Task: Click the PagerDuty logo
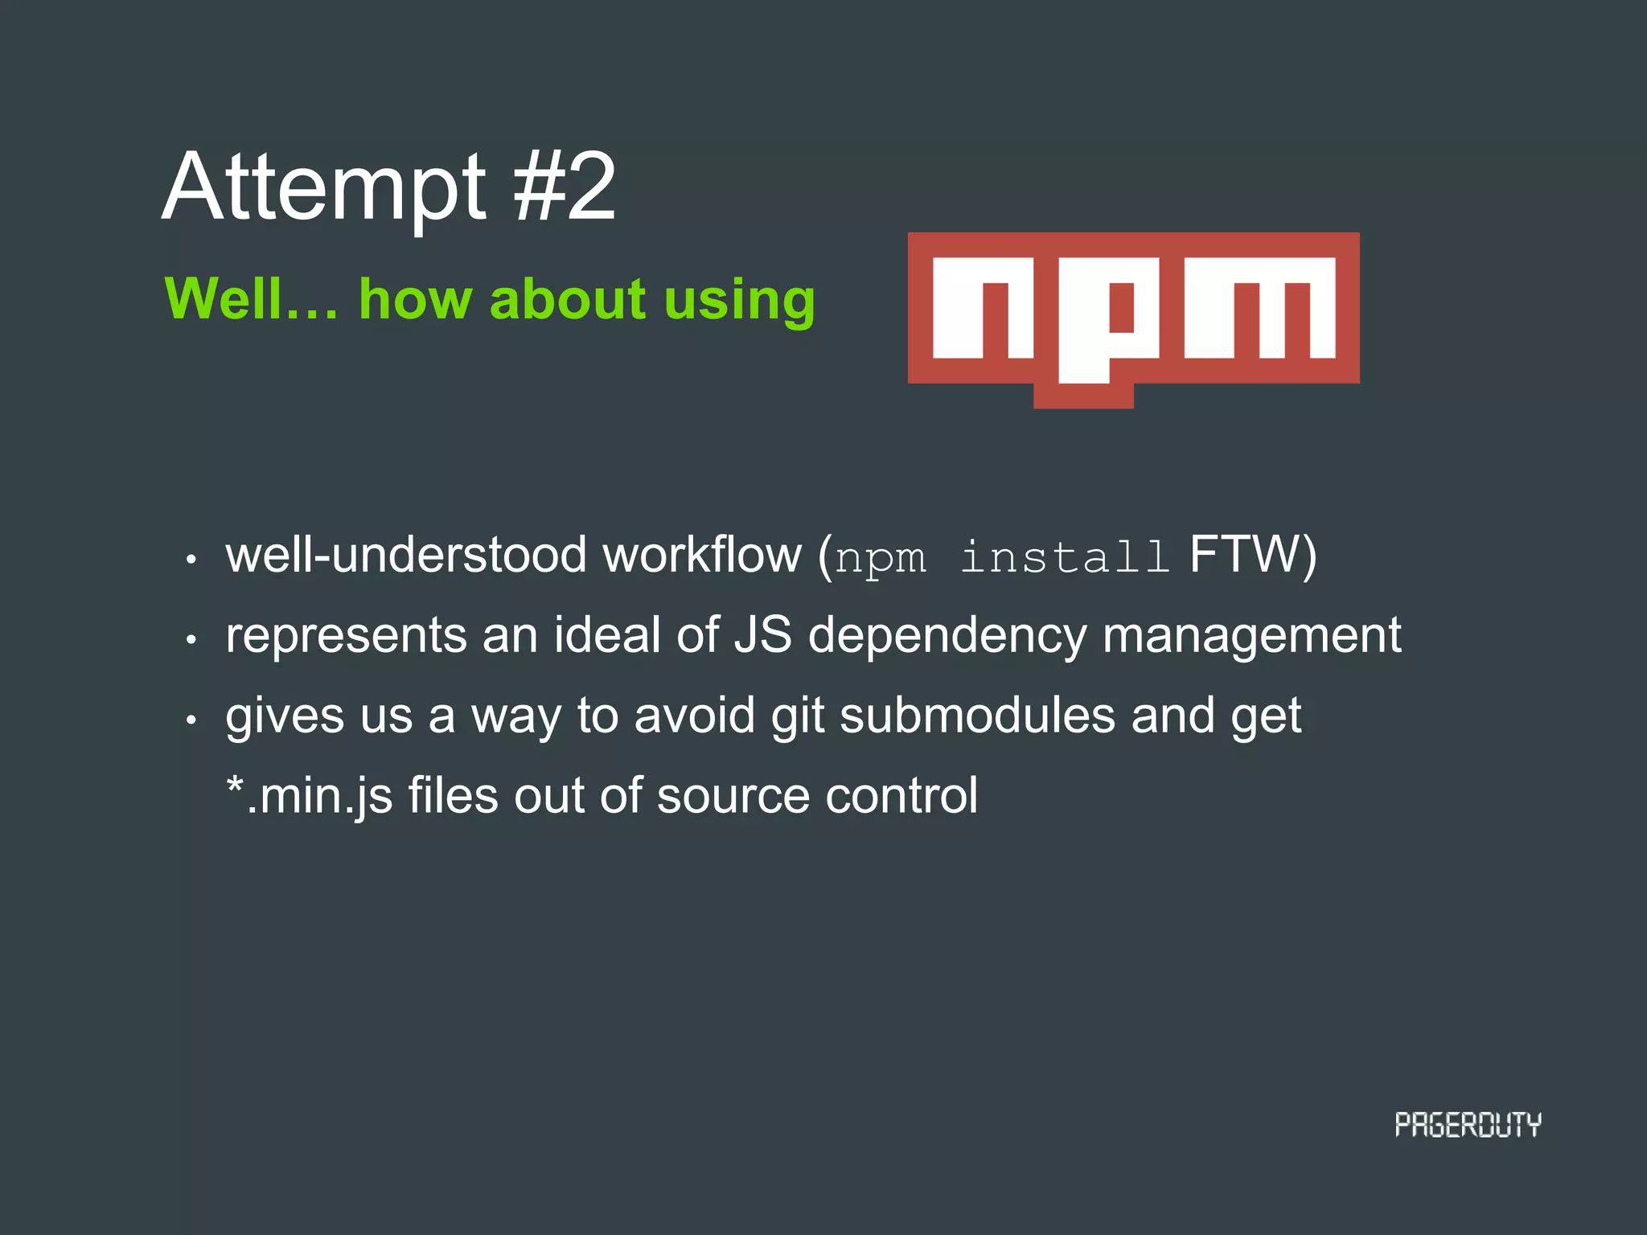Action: (x=1468, y=1125)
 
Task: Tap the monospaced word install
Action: (x=1065, y=556)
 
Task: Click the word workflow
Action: (x=702, y=555)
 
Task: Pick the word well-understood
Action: (x=406, y=555)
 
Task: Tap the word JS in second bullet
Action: (x=762, y=635)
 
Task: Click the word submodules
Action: (x=977, y=716)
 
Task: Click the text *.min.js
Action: (x=309, y=796)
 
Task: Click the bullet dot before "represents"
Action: (x=191, y=640)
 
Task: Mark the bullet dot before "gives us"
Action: (x=191, y=720)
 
